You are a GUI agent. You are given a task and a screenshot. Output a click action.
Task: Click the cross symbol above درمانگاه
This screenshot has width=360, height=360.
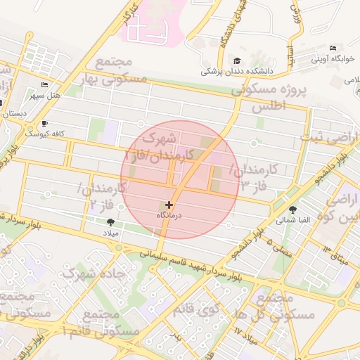tap(169, 205)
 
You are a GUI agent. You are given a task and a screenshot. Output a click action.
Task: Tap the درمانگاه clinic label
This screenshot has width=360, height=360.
tap(169, 215)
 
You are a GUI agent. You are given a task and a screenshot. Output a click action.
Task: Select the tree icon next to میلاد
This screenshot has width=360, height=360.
tap(110, 222)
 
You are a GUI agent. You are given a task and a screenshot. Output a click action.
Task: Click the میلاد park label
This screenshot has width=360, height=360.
tap(113, 232)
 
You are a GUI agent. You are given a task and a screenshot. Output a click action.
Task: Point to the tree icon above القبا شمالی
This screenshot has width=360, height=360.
tap(292, 209)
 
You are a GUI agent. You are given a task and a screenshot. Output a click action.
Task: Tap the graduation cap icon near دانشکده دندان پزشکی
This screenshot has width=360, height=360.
tap(237, 61)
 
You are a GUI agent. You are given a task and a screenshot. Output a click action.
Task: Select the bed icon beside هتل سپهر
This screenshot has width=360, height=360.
tap(44, 84)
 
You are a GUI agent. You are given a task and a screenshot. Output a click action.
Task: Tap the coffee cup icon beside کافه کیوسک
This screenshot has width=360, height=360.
tap(44, 123)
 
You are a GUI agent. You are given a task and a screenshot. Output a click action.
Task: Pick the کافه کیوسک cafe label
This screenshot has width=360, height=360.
tap(44, 132)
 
